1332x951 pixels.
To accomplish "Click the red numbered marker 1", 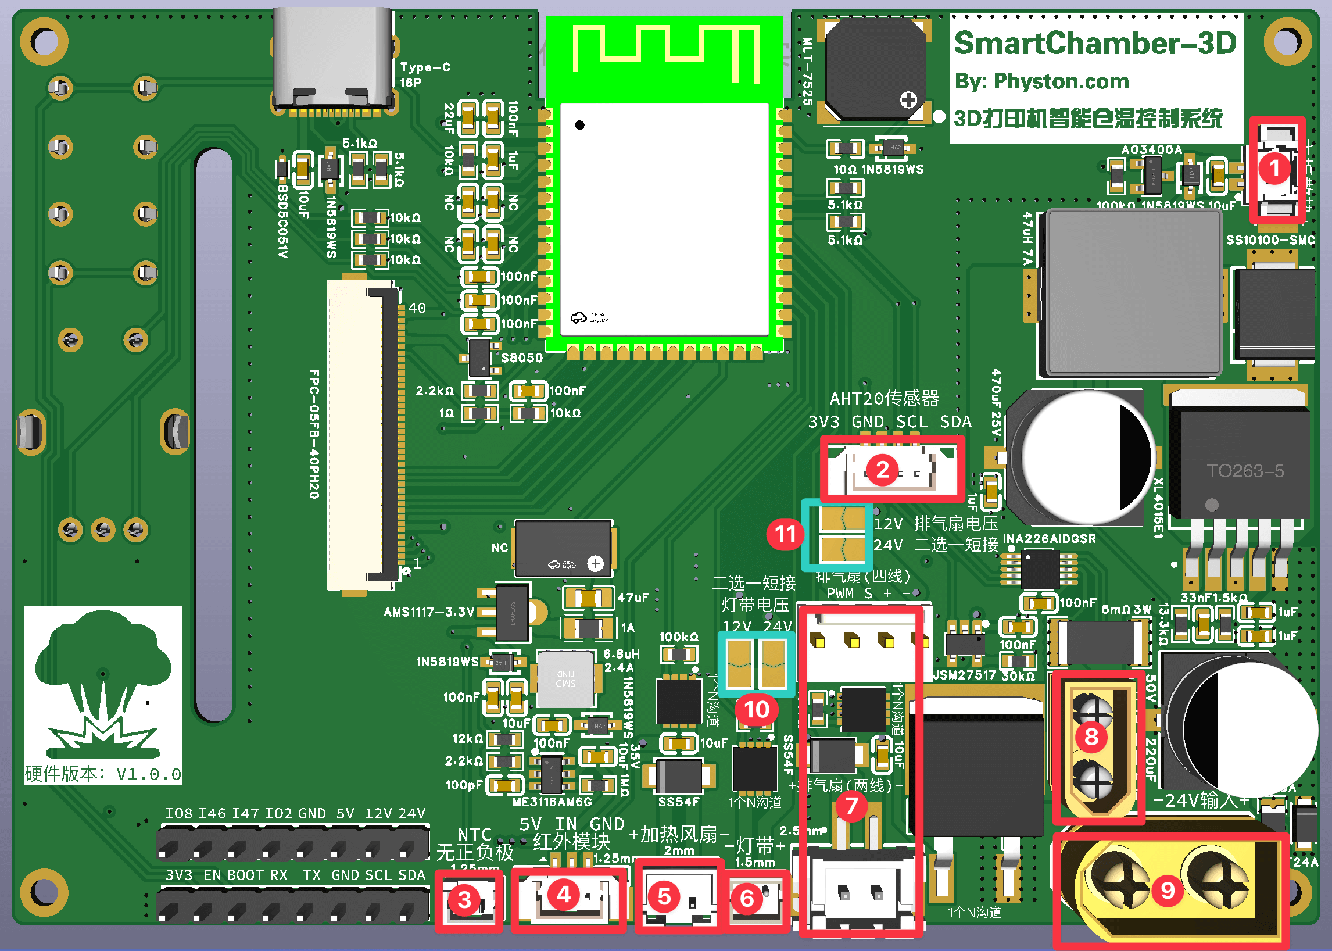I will (x=1274, y=169).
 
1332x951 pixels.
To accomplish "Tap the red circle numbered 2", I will (x=883, y=470).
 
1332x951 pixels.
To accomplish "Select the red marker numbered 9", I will (x=1168, y=890).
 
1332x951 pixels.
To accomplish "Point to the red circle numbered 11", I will (x=785, y=534).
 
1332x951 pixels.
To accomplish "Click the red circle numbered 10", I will (x=756, y=710).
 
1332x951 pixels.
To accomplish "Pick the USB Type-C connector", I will (x=332, y=59).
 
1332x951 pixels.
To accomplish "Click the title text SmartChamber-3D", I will (x=1095, y=44).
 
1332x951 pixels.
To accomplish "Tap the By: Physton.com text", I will (x=1041, y=81).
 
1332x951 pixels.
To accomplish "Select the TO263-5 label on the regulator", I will (x=1245, y=471).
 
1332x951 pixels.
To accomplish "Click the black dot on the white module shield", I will (x=579, y=125).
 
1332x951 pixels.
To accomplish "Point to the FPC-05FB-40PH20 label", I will (x=314, y=434).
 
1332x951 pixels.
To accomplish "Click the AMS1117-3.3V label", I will (x=428, y=613).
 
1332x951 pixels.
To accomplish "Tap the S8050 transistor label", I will (x=522, y=358).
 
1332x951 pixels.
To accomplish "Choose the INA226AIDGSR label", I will (x=1049, y=539).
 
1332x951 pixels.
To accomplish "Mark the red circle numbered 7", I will (x=851, y=806).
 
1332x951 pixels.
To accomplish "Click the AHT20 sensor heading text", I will (x=884, y=399).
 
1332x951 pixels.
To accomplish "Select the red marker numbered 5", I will (x=664, y=897).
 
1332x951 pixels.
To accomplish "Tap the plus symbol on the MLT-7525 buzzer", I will (x=909, y=100).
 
